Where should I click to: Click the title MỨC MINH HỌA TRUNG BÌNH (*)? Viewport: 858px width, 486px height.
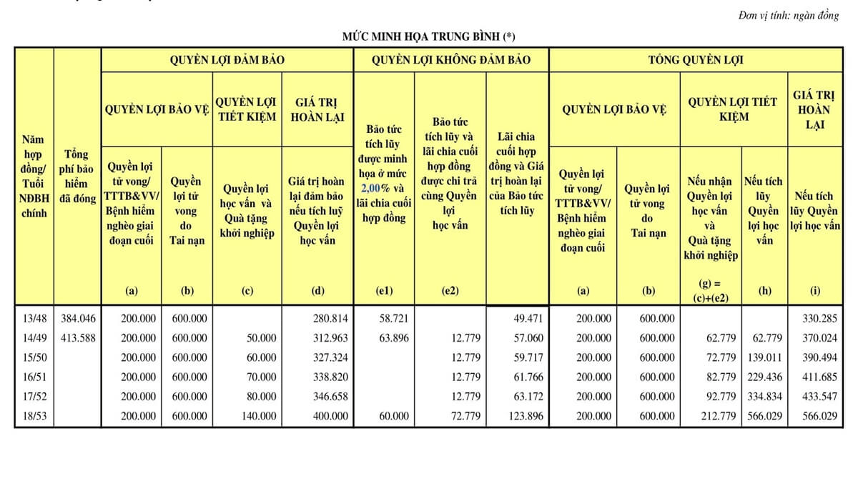point(428,35)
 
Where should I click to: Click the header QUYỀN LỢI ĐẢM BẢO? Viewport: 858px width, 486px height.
point(227,60)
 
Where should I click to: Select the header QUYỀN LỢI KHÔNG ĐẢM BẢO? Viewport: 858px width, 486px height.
point(451,60)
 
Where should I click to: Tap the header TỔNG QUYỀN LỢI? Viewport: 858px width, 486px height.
point(695,60)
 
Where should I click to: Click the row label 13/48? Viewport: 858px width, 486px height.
point(34,318)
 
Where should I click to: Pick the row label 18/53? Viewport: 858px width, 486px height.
point(34,415)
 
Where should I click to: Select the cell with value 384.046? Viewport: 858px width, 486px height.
point(78,318)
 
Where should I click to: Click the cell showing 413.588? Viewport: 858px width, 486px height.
point(78,337)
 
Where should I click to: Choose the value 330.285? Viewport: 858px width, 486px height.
point(818,318)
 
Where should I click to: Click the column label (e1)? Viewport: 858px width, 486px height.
point(384,291)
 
